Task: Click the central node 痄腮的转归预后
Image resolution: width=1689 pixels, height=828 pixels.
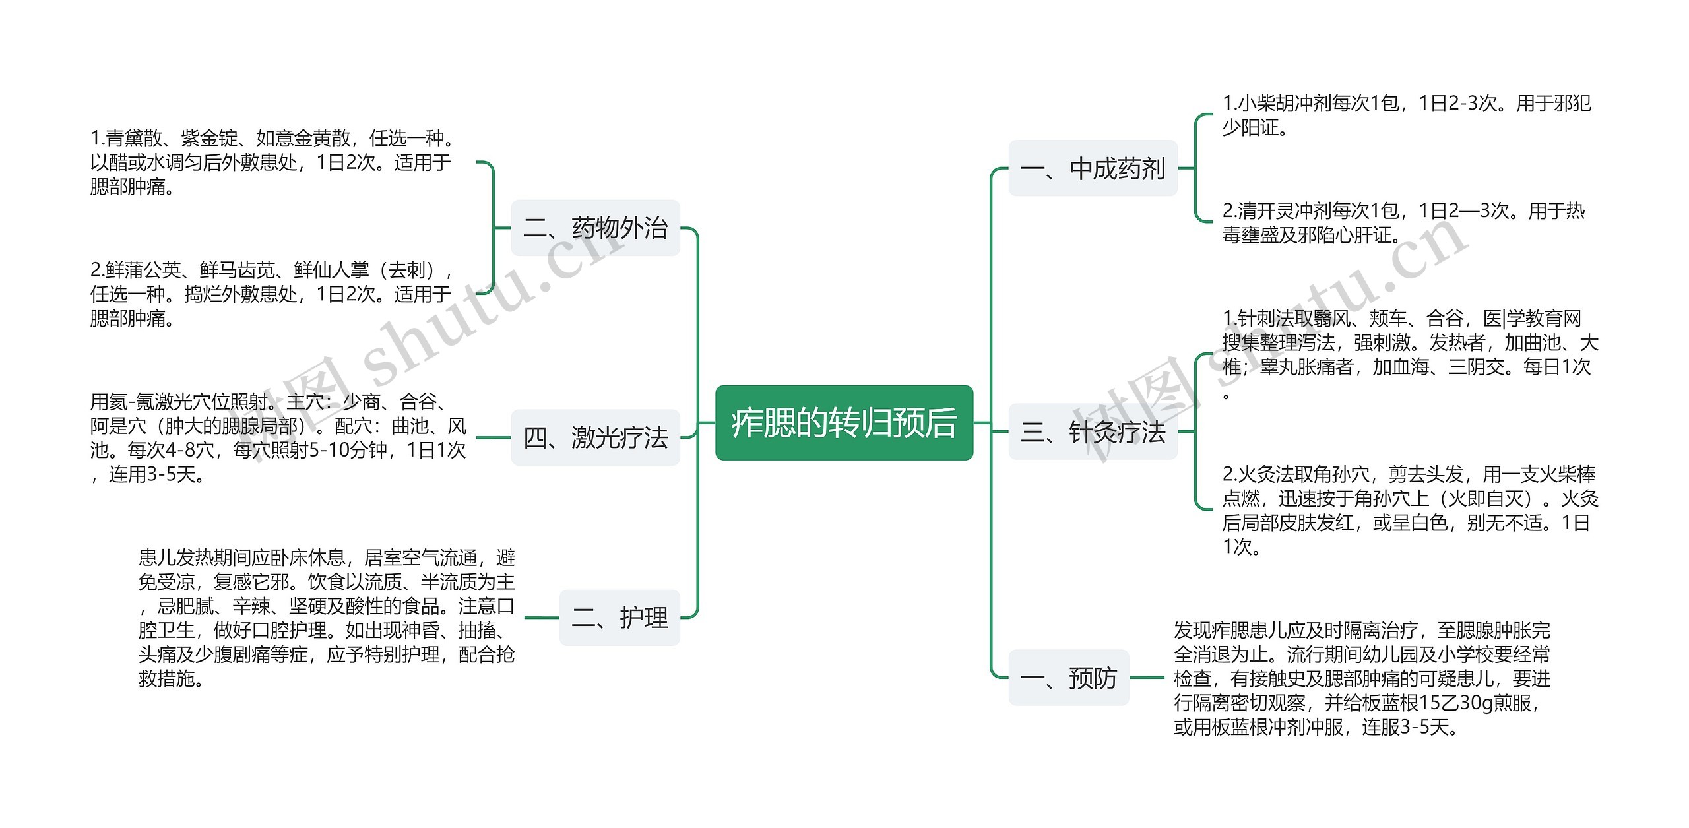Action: (844, 422)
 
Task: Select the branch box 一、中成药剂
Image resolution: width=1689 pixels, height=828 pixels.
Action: (1093, 168)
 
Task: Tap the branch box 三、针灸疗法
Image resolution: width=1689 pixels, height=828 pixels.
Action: (1093, 432)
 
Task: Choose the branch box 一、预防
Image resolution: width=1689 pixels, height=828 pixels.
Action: (1069, 678)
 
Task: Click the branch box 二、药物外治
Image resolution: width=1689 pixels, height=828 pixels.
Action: (595, 228)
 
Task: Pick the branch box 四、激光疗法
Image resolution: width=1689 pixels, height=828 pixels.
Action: (595, 437)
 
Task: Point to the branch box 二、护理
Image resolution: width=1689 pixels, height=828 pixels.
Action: (620, 618)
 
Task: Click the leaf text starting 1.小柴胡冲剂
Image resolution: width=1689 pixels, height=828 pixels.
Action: (1406, 115)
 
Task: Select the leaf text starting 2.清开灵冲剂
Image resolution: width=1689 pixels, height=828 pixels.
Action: (1403, 223)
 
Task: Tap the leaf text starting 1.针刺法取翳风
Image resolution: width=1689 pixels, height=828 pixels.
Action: (1409, 355)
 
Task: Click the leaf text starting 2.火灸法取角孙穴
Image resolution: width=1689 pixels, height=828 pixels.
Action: (1409, 510)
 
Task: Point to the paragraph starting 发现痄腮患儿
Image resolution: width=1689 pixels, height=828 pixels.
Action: (1361, 678)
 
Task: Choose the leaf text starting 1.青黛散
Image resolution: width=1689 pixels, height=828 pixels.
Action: (271, 162)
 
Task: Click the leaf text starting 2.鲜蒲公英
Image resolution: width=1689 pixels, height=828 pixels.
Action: (271, 294)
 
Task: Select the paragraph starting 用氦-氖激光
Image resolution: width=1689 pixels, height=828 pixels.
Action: (278, 437)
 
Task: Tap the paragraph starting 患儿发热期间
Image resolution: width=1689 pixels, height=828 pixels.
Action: (326, 618)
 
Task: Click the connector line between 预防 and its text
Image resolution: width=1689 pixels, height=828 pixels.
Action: (1147, 678)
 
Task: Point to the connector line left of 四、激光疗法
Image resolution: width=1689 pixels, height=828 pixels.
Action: (493, 437)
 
